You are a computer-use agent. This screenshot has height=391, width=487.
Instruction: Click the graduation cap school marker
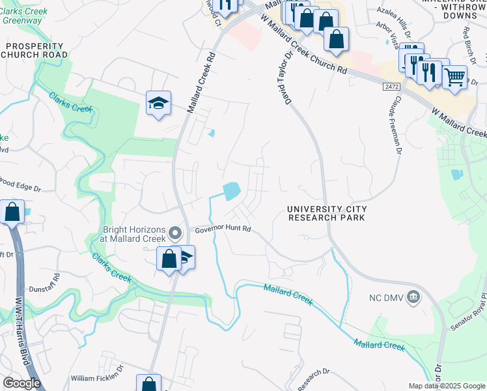(158, 103)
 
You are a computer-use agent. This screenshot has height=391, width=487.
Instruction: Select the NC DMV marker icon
(413, 297)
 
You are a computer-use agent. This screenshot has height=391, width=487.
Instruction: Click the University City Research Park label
(327, 213)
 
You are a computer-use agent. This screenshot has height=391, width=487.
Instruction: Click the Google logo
(21, 383)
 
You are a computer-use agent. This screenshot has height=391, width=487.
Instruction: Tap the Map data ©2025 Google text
(446, 386)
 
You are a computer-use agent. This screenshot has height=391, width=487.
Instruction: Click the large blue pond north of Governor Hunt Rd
(230, 190)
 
